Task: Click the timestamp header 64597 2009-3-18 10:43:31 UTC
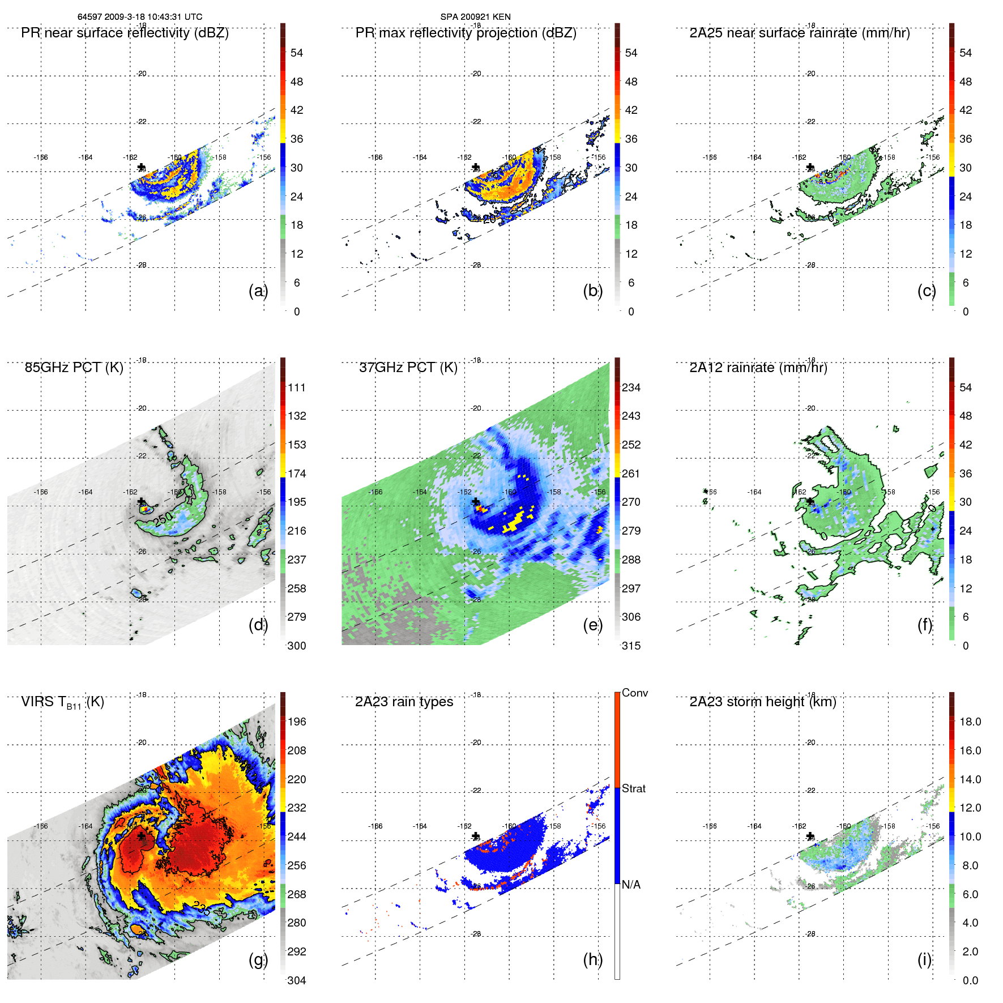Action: coord(139,16)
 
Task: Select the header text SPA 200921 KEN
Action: coord(475,16)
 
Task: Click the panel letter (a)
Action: coord(258,291)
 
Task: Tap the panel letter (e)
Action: coord(592,625)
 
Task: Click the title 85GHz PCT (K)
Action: coord(74,367)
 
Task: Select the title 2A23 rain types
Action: coord(404,702)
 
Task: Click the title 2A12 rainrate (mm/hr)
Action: coord(758,367)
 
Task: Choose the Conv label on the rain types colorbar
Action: coord(634,693)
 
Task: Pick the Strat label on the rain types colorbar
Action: coord(633,788)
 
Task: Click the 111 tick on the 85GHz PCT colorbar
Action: coord(297,387)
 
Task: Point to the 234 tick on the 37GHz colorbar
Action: coord(631,387)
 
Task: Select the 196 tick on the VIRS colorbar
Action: coord(297,722)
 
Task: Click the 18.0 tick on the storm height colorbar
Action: coord(970,722)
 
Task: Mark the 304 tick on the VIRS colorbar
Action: coord(297,980)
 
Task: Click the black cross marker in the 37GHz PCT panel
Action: coord(476,502)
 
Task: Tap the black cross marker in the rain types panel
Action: coord(476,836)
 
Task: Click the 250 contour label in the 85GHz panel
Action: coord(163,518)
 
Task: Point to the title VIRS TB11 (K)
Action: coord(62,702)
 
